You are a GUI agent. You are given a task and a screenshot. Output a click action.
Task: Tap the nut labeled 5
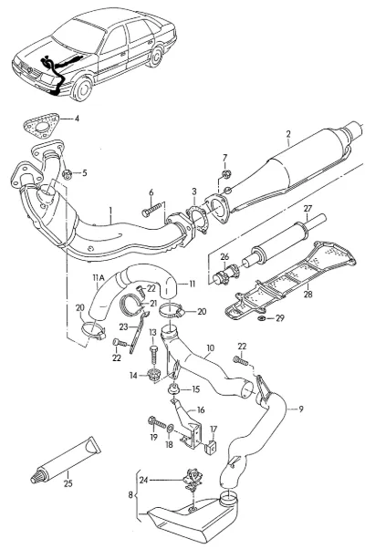click(x=67, y=174)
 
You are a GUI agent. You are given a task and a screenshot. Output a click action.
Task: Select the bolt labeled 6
click(x=152, y=210)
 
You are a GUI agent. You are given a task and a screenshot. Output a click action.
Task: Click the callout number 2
click(x=288, y=134)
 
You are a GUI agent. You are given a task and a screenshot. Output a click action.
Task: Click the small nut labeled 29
click(x=261, y=318)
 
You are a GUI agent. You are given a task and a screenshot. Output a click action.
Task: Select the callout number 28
click(x=308, y=294)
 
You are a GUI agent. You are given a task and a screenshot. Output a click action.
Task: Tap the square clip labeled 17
click(x=211, y=447)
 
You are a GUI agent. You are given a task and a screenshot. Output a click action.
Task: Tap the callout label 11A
click(x=99, y=277)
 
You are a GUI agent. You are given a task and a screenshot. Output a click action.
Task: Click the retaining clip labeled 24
click(x=192, y=480)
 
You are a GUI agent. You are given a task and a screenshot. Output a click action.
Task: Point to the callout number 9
click(x=301, y=409)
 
